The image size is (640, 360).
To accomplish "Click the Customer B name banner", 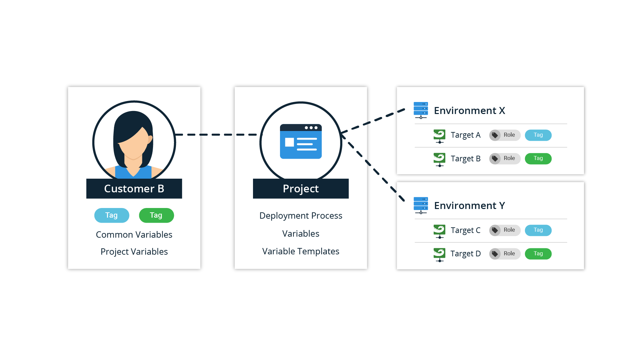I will pos(134,189).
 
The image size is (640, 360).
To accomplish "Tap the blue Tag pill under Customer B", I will pos(112,215).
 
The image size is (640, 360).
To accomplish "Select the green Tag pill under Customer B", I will pos(156,215).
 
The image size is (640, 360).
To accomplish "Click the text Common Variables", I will pos(134,235).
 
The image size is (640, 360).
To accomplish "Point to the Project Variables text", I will pos(134,252).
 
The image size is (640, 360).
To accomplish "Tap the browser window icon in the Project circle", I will pos(301,142).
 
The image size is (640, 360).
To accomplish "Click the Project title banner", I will pos(301,189).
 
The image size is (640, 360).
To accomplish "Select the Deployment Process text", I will pos(301,216).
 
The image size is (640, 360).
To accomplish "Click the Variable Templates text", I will pos(301,251).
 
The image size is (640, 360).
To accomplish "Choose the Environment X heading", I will pos(469,111).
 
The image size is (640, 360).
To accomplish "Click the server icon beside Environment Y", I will pos(421,205).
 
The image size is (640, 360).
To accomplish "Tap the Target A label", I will pos(465,135).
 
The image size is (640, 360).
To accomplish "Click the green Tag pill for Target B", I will pos(538,159).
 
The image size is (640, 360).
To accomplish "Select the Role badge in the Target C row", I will pos(505,230).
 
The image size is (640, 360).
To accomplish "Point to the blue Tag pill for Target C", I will pos(538,230).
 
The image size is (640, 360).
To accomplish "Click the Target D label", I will pos(465,254).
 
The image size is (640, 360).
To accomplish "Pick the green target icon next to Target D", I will pos(439,254).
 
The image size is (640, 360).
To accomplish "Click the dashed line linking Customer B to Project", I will pos(217,135).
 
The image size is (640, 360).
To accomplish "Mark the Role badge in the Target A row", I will pos(505,135).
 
